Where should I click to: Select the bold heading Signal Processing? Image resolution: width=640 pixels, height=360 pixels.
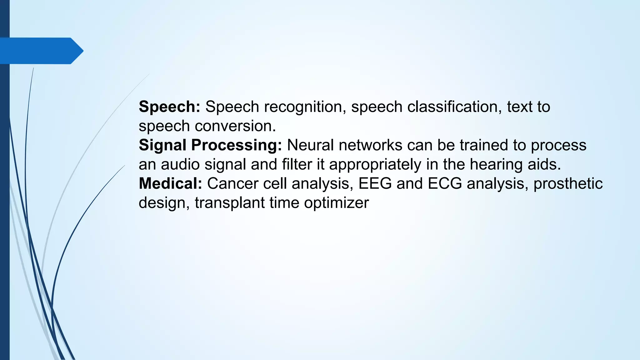click(210, 145)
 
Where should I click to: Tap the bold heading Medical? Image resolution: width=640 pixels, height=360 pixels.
click(171, 183)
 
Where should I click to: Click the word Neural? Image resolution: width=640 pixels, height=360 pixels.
click(311, 145)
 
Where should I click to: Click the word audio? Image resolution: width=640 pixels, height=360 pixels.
click(180, 164)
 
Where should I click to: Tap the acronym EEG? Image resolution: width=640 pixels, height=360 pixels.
click(375, 183)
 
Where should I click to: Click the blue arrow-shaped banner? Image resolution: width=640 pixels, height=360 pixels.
click(41, 51)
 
